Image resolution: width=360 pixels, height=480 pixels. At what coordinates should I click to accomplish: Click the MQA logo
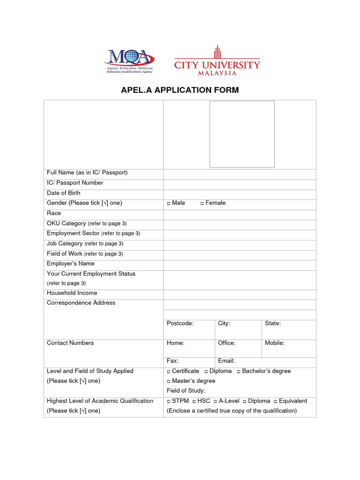click(x=129, y=60)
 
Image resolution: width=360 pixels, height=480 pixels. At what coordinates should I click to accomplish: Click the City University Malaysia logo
click(x=217, y=61)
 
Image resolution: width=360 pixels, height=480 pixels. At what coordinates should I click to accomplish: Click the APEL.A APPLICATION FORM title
click(x=180, y=90)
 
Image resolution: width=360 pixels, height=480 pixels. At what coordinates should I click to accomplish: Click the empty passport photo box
click(x=241, y=134)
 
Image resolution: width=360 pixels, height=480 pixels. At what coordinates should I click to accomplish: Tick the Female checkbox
click(x=202, y=203)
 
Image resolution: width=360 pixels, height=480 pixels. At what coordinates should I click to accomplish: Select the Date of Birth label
click(x=63, y=193)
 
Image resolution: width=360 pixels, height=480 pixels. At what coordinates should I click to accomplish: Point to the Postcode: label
click(x=180, y=323)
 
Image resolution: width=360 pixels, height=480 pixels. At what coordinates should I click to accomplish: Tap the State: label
click(x=273, y=323)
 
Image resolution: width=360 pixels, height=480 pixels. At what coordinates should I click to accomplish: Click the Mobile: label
click(x=275, y=343)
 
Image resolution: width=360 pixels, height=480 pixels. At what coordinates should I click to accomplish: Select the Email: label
click(x=226, y=361)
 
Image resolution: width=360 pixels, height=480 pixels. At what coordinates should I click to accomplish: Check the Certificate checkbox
click(x=168, y=372)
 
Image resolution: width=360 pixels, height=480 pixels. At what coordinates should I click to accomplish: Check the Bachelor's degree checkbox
click(x=239, y=372)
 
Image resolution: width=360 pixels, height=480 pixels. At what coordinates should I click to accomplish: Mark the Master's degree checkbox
click(x=168, y=382)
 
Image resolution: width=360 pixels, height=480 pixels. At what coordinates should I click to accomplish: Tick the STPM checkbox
click(x=168, y=401)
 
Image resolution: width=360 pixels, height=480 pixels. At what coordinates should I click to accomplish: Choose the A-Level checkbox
click(x=215, y=401)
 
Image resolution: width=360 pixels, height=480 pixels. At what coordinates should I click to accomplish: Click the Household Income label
click(x=72, y=293)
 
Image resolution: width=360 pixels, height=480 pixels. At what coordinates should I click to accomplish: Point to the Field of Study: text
click(x=186, y=391)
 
